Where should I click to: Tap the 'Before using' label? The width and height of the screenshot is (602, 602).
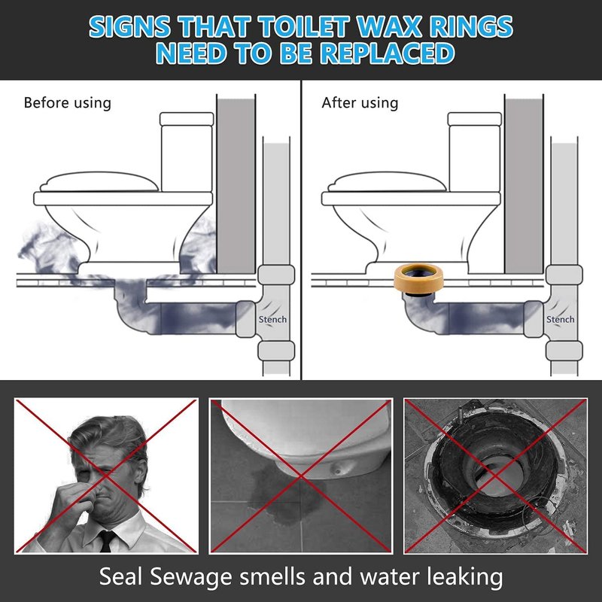(x=67, y=103)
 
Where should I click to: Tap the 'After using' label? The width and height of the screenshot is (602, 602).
(x=360, y=103)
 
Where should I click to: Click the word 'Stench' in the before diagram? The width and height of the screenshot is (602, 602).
(x=272, y=319)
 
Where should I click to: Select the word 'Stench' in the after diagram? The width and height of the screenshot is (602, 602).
(x=561, y=319)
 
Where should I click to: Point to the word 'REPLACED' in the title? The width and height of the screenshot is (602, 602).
(x=387, y=53)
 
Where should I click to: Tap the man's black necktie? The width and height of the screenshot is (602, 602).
(x=106, y=540)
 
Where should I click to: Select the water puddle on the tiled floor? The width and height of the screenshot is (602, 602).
(x=285, y=499)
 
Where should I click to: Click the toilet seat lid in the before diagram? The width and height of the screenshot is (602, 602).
(x=99, y=181)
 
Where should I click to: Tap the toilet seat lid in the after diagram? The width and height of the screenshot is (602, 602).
(x=388, y=181)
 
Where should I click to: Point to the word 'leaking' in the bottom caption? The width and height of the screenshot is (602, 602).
(x=464, y=577)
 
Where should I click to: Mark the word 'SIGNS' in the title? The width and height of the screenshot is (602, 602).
(x=129, y=27)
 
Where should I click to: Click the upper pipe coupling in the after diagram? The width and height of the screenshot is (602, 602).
(x=564, y=275)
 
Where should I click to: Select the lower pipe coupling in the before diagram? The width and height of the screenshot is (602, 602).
(x=276, y=351)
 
